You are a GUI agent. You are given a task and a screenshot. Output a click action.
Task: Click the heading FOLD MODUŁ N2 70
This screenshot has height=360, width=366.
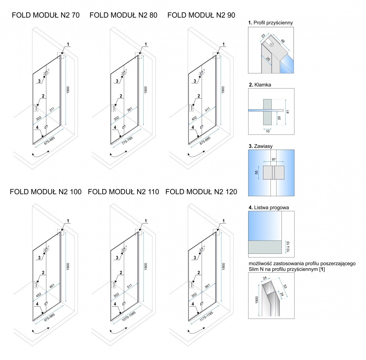46,15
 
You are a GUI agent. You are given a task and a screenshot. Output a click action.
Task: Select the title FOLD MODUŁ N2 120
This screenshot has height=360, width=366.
201,192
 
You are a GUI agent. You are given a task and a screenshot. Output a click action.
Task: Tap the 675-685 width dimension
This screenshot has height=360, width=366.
49,141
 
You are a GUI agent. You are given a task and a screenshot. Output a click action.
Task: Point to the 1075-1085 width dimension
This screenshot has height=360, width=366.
129,316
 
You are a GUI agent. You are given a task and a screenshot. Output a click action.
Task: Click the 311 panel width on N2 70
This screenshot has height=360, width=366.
52,109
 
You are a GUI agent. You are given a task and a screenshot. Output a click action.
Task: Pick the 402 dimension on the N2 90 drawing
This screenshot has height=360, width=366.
194,118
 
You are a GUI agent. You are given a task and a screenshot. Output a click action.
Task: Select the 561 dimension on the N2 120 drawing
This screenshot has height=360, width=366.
207,286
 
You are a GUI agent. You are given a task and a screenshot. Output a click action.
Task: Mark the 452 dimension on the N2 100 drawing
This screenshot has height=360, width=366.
38,295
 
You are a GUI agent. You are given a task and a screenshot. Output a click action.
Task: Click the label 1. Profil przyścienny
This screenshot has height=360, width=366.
271,23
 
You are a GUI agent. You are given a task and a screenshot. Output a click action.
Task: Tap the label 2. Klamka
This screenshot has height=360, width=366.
260,85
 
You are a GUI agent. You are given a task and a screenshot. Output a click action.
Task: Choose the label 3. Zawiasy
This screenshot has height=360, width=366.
261,146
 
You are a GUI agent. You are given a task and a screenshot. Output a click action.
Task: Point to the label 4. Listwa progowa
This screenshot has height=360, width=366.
269,207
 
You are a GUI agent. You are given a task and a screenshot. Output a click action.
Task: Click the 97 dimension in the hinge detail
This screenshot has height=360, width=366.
274,159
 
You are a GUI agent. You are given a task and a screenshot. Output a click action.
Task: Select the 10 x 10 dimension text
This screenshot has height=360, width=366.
288,247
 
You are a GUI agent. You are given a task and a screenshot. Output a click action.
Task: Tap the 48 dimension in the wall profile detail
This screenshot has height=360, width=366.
283,41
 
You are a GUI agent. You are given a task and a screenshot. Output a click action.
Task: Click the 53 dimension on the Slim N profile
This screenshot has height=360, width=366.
285,286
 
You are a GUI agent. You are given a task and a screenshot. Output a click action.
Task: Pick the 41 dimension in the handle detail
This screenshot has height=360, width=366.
288,112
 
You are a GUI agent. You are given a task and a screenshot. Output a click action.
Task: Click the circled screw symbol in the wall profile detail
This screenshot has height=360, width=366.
272,44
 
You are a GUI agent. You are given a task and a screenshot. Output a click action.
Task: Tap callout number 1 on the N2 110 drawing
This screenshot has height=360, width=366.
146,221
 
